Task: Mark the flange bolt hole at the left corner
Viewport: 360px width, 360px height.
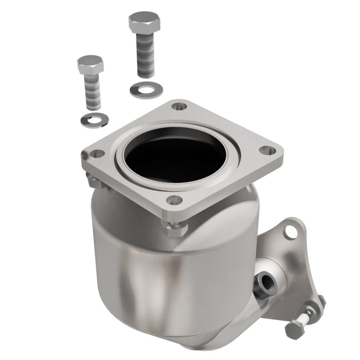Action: coord(90,155)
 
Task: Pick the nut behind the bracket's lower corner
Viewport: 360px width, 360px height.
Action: coord(320,300)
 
